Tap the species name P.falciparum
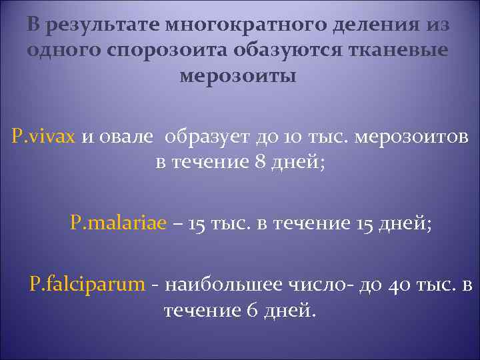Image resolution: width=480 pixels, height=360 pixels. coord(87,285)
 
